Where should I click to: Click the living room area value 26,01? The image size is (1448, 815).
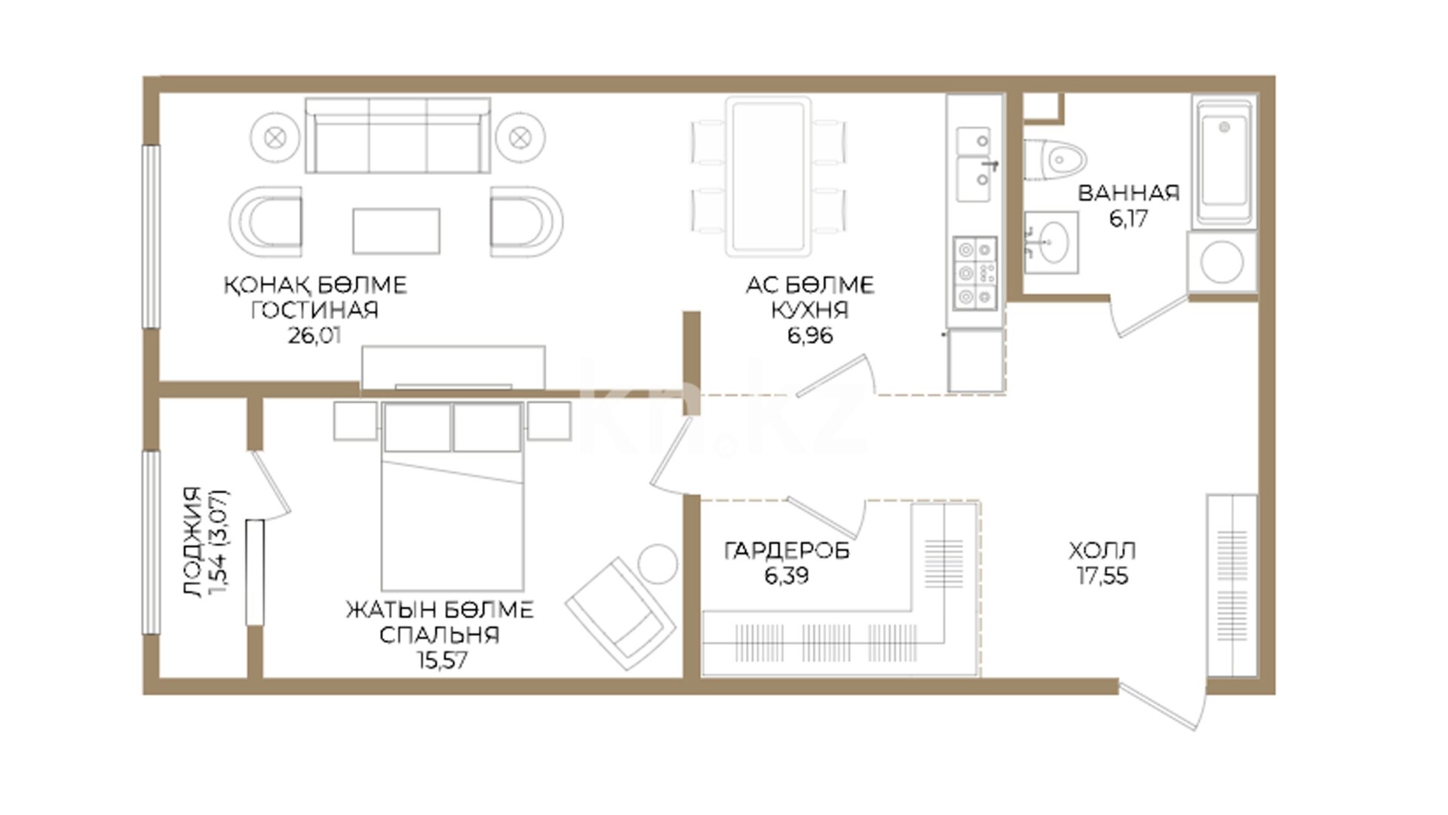314,335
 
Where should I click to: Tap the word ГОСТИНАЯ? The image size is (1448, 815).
314,310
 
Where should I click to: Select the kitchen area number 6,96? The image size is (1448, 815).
810,335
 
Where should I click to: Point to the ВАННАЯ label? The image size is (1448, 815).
1128,193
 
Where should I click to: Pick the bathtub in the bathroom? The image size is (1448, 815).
1225,161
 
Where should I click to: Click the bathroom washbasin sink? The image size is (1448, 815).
1051,241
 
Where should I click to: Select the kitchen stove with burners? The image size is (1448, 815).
975,273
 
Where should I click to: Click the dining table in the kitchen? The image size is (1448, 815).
768,177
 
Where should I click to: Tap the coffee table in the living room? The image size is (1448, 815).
396,231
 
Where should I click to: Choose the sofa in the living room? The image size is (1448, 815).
397,136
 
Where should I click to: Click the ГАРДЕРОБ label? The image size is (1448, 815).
787,551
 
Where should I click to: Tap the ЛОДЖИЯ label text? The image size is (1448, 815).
193,542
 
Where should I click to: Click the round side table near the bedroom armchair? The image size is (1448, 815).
658,564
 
